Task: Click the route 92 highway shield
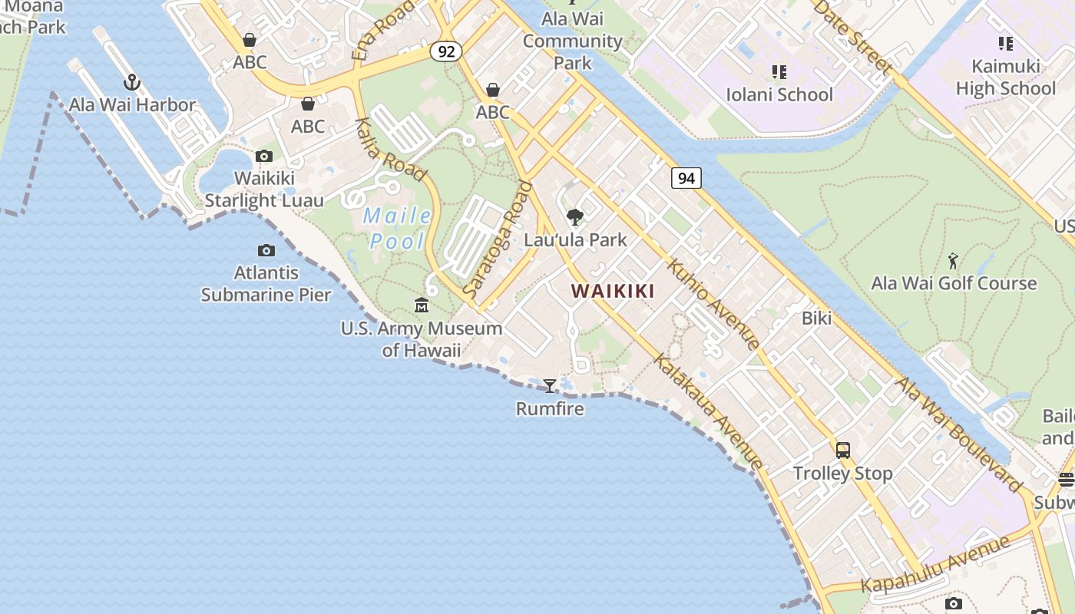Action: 446,51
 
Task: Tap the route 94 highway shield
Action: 686,178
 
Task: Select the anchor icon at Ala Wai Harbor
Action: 132,81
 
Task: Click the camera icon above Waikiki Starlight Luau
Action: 264,157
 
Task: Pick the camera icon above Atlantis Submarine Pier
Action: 266,250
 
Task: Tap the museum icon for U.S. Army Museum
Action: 422,306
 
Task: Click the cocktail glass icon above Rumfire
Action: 550,385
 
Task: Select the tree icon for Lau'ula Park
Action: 574,217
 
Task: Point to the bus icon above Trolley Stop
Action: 843,451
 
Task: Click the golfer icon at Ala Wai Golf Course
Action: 953,261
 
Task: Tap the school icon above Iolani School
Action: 779,72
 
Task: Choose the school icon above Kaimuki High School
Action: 1005,44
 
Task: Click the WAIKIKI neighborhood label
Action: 613,291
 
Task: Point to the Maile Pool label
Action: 397,229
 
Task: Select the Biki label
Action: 816,318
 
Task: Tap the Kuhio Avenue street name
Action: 713,304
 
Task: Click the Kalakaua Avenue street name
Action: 708,411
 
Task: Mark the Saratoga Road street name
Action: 498,239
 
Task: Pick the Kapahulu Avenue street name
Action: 934,565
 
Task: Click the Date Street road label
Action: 853,36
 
